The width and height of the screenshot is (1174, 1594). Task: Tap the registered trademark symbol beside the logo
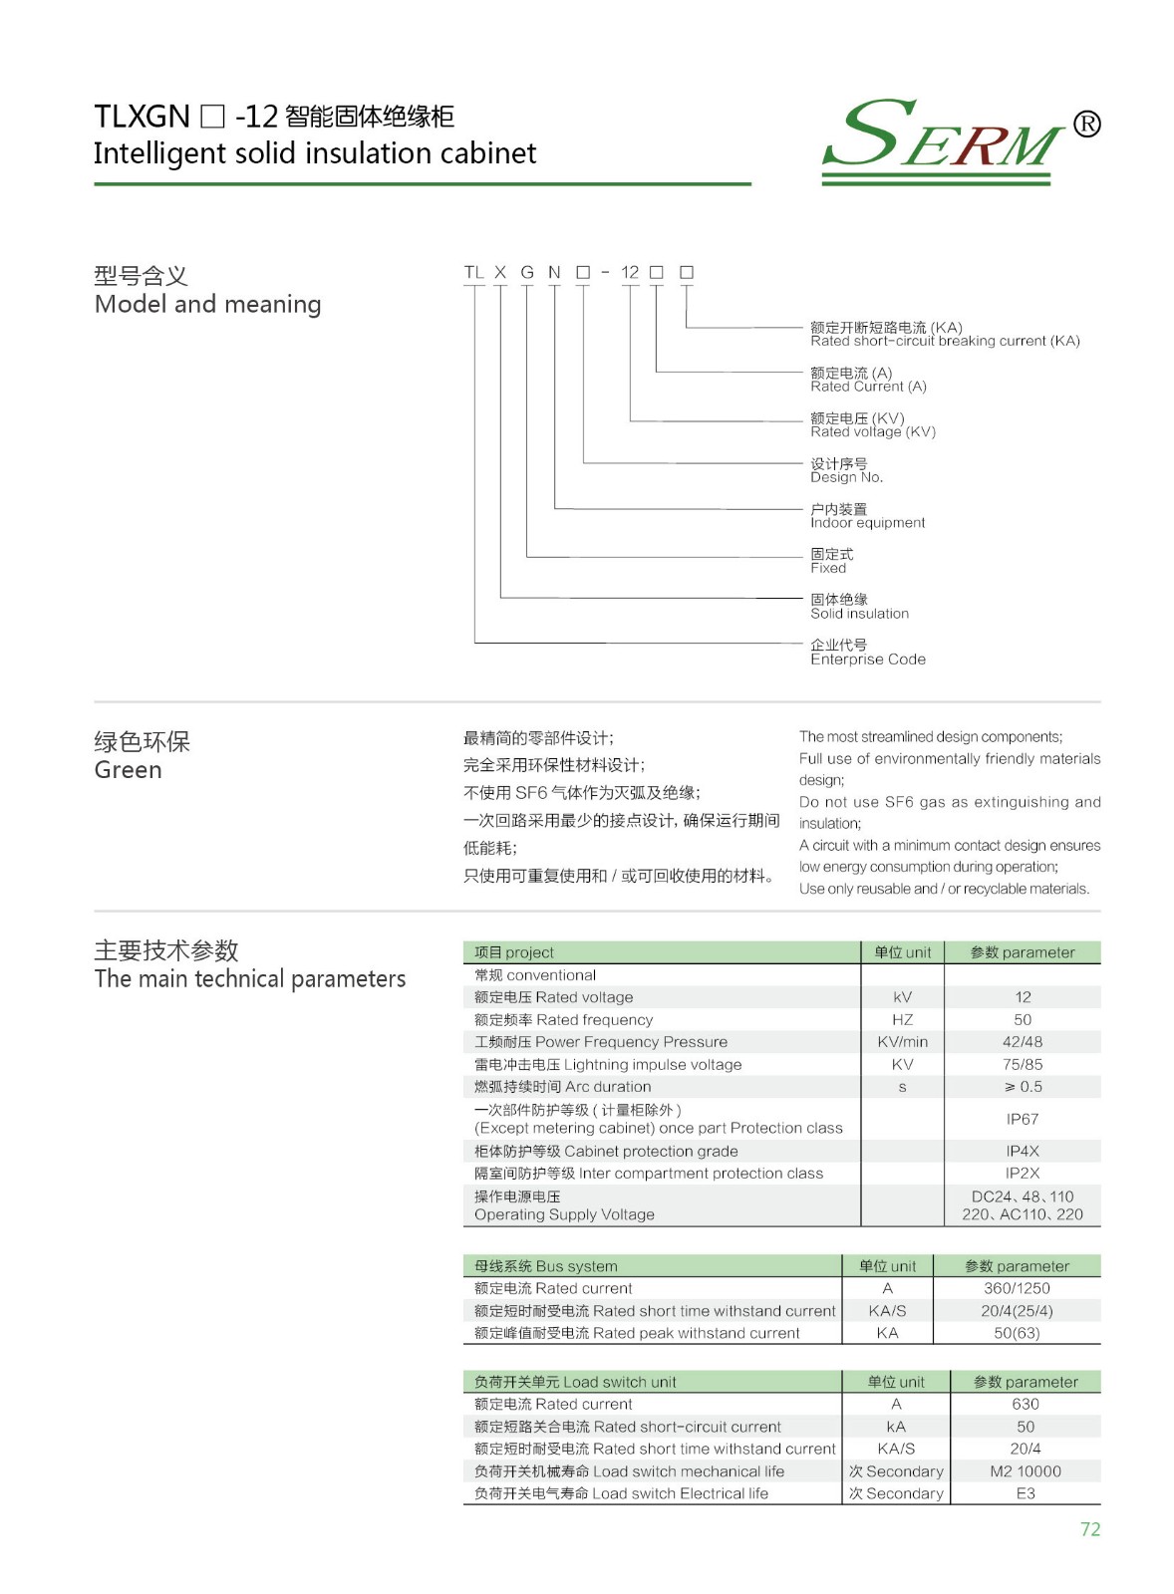pos(1086,124)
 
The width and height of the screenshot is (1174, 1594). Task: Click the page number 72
pos(1089,1529)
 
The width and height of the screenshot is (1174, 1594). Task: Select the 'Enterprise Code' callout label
pos(867,660)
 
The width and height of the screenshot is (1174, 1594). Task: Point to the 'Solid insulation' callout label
pos(859,614)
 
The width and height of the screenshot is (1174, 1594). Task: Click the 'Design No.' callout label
pos(846,477)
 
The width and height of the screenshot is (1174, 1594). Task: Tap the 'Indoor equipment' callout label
pos(867,523)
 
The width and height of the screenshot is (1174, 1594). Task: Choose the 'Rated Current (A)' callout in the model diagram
pos(868,387)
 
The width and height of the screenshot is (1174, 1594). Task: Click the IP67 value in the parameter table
pos(1023,1119)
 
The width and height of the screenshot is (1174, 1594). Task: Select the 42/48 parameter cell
pos(1023,1042)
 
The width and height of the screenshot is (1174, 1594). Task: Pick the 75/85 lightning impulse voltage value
pos(1023,1064)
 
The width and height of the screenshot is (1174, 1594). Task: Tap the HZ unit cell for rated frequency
pos(902,1019)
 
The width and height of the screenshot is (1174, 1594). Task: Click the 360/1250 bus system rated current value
pos(1017,1288)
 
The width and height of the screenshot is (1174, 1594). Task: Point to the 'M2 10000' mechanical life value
pos(1026,1471)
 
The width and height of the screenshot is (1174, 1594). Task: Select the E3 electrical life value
pos(1026,1493)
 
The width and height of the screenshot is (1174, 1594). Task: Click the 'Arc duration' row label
pos(563,1087)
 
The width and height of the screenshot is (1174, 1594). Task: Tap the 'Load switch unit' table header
pos(575,1382)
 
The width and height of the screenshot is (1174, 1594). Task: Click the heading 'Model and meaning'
pos(207,304)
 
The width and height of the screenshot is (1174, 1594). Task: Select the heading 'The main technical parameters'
pos(249,979)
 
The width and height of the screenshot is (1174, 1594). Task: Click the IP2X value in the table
pos(1023,1174)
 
